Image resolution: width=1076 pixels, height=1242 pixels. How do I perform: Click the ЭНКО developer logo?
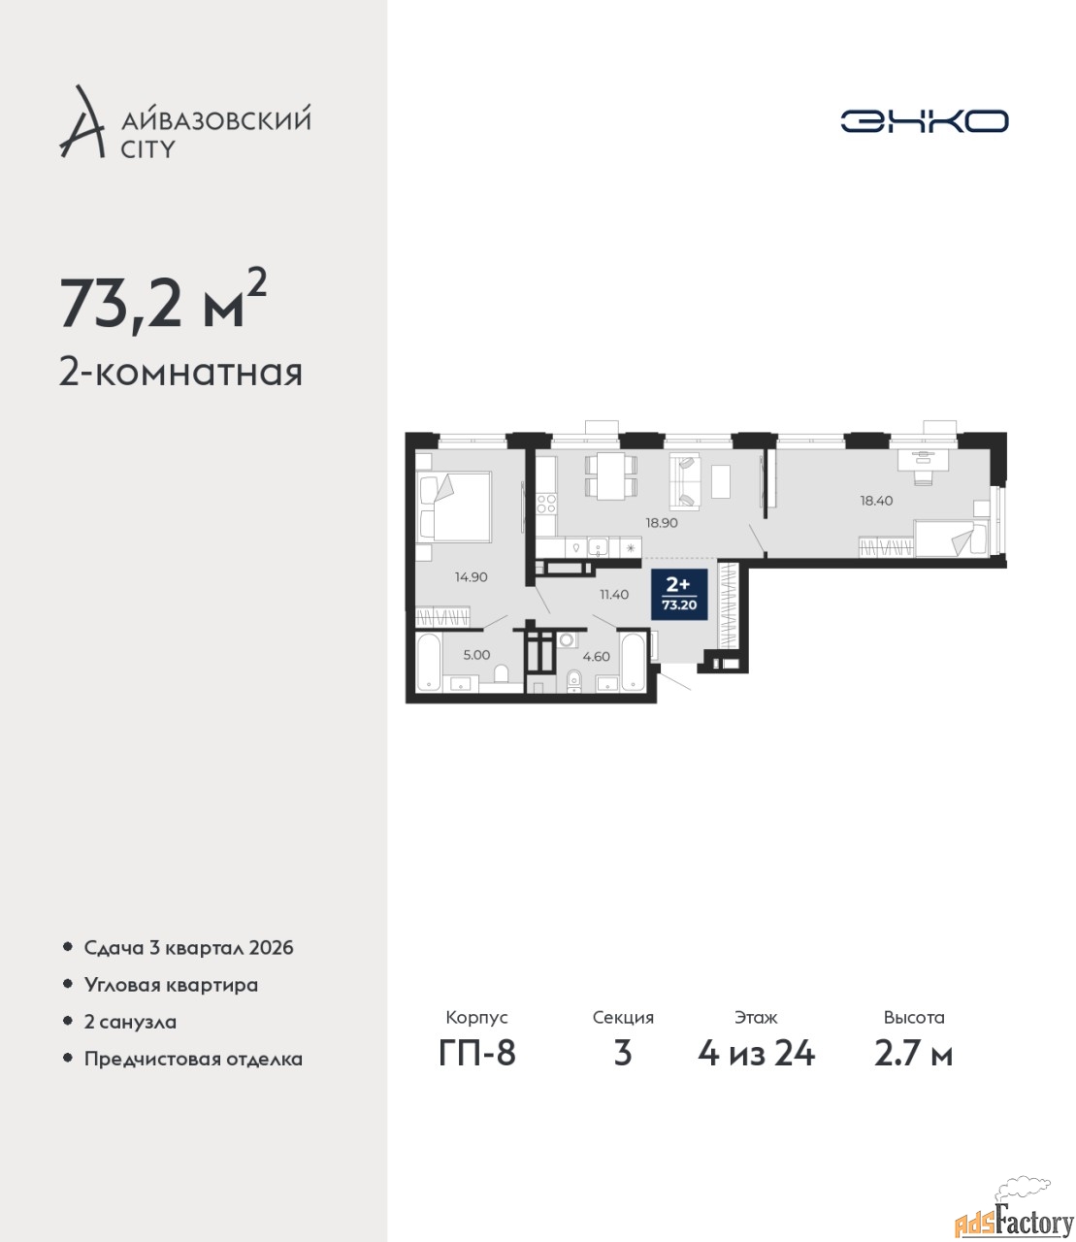click(x=924, y=120)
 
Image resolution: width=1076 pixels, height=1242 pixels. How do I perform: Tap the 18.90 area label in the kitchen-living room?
click(x=662, y=523)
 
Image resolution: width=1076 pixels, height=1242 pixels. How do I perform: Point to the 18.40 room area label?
click(x=876, y=501)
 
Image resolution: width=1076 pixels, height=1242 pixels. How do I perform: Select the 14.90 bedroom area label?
click(x=471, y=577)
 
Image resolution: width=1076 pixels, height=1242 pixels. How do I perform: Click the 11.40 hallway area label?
click(x=614, y=595)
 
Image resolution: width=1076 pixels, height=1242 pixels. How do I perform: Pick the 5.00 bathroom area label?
click(x=476, y=655)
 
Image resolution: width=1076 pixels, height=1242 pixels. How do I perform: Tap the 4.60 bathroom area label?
click(x=596, y=657)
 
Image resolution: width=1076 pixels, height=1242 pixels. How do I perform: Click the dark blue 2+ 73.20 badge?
click(x=679, y=594)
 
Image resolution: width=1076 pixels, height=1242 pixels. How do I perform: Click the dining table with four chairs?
click(x=610, y=476)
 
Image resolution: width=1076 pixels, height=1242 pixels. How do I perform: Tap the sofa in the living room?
click(x=685, y=482)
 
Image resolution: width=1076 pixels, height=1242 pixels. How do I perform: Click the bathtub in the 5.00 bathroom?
click(x=430, y=661)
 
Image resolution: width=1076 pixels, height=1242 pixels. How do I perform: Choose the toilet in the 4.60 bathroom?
click(x=574, y=680)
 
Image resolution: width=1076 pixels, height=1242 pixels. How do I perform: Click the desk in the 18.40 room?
click(x=923, y=460)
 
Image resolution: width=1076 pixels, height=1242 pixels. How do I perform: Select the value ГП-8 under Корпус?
click(x=477, y=1053)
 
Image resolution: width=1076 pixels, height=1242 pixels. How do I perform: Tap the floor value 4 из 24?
click(x=756, y=1053)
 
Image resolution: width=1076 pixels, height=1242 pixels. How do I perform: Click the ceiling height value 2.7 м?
click(x=913, y=1053)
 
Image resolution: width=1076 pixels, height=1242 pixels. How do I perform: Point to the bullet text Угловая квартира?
click(x=171, y=986)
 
